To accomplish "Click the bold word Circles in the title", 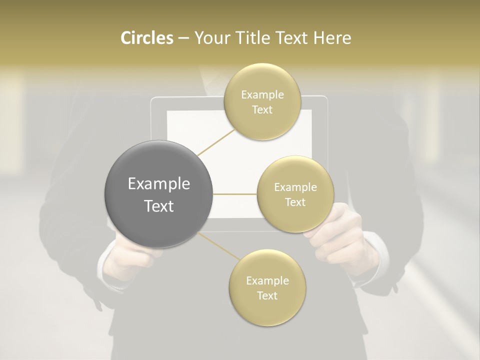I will pyautogui.click(x=147, y=38).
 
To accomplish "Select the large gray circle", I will pyautogui.click(x=158, y=194).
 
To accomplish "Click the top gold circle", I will pyautogui.click(x=262, y=101).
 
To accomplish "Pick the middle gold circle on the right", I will pyautogui.click(x=295, y=194).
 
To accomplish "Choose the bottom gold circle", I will pyautogui.click(x=267, y=287).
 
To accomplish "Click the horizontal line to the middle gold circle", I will pyautogui.click(x=234, y=194).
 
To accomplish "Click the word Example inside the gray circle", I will pyautogui.click(x=159, y=184).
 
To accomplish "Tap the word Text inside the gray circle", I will pyautogui.click(x=159, y=206).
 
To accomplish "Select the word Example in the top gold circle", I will pyautogui.click(x=262, y=95).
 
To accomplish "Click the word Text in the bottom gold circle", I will pyautogui.click(x=267, y=295).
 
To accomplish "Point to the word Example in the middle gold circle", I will pyautogui.click(x=295, y=187).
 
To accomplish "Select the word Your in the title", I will pyautogui.click(x=210, y=38).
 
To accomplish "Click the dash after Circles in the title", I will pyautogui.click(x=183, y=38).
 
